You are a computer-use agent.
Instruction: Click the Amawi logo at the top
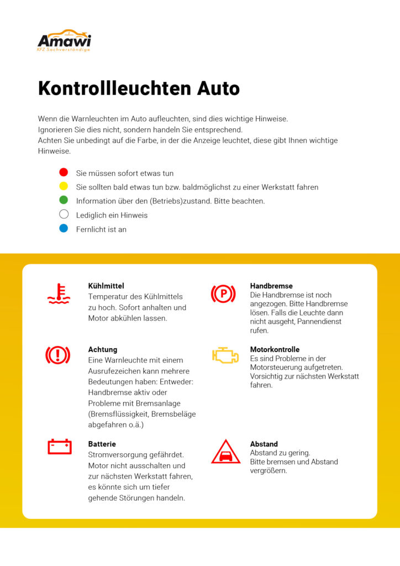click(64, 40)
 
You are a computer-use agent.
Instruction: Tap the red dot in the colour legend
click(64, 172)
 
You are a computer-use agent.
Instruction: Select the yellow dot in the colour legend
click(64, 186)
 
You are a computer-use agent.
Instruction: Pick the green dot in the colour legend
click(64, 200)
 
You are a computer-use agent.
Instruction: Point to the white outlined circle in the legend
click(64, 214)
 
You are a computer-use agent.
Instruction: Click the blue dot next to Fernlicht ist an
click(64, 228)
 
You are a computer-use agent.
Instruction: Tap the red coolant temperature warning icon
click(59, 294)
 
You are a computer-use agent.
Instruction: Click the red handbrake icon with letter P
click(223, 294)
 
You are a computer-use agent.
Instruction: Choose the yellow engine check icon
click(225, 355)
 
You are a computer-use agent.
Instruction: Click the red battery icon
click(60, 446)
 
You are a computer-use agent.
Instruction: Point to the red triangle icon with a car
click(225, 452)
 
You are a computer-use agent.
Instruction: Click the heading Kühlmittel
click(106, 286)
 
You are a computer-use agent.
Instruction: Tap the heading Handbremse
click(271, 286)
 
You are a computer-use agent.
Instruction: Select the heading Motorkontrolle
click(275, 349)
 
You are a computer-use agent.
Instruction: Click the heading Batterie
click(102, 444)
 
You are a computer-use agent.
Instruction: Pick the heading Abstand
click(264, 444)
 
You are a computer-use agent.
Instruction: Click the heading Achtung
click(103, 349)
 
